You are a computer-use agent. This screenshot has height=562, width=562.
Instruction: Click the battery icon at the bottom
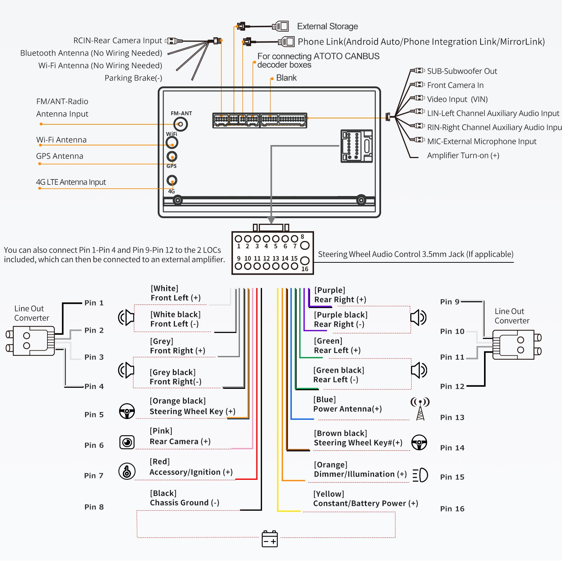coord(270,539)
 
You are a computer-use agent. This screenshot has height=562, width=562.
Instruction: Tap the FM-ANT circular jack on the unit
coord(181,124)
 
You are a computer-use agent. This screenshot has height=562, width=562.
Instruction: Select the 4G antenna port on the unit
coord(172,181)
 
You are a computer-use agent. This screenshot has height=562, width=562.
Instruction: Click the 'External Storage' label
coord(327,26)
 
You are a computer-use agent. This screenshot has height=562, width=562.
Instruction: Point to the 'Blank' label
coord(286,78)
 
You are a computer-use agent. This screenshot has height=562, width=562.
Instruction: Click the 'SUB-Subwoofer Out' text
coord(462,71)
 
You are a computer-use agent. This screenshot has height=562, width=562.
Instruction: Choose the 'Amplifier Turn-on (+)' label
coord(463,155)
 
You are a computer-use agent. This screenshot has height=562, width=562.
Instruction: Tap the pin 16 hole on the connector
coord(305,261)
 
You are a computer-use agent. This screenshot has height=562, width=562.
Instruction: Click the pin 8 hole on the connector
coord(305,245)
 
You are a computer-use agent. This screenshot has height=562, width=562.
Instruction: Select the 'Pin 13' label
coord(452,417)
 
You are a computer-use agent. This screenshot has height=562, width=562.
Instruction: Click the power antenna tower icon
coord(420,409)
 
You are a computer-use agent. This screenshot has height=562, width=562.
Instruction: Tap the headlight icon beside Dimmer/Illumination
coord(420,475)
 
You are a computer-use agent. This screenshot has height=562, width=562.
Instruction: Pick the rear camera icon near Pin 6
coord(127,442)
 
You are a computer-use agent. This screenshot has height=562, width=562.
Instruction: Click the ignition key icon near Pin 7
coord(127,471)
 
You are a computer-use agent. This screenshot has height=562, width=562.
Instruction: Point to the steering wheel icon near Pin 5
coord(127,411)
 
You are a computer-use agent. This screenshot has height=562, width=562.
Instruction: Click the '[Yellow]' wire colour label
coord(328,494)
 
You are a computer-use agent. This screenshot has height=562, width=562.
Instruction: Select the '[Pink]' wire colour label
coord(161,431)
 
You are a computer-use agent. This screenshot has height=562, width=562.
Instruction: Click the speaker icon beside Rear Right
coord(418,318)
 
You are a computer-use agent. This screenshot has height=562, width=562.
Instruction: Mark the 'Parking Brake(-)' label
coord(133,78)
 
